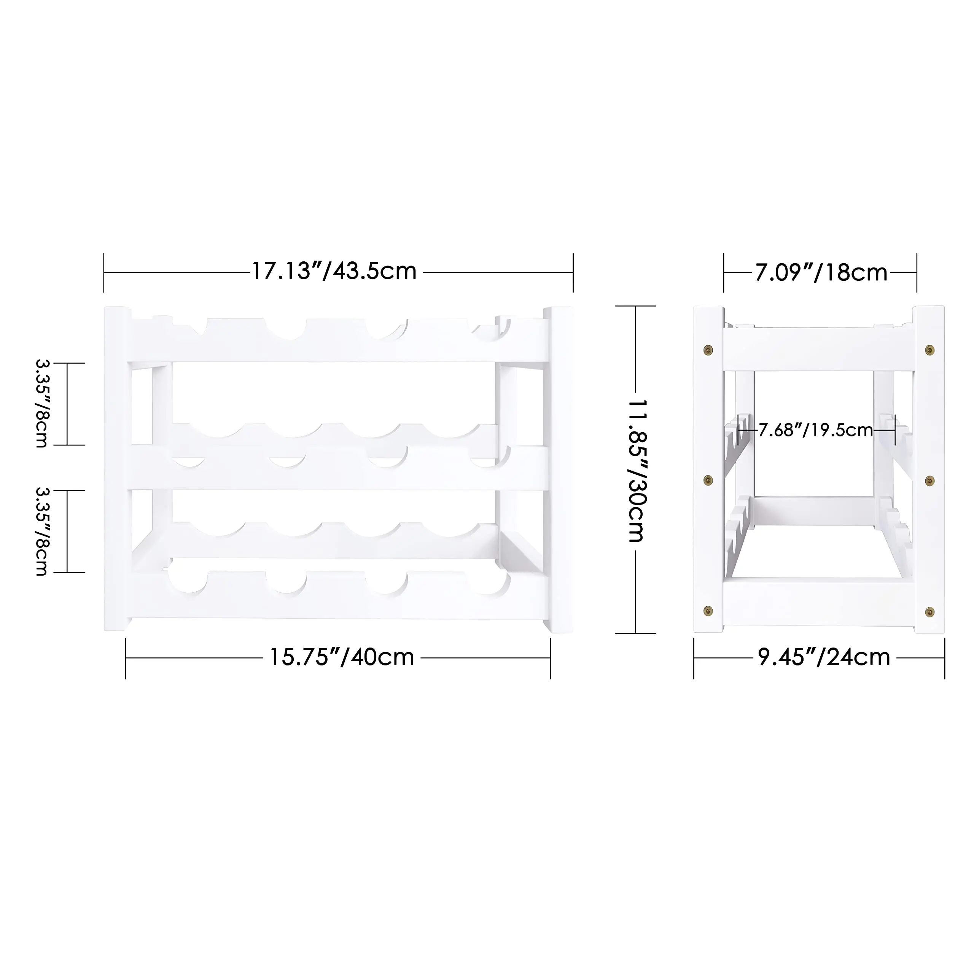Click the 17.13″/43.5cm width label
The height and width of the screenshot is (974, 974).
click(334, 272)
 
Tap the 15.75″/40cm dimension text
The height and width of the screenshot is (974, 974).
click(341, 657)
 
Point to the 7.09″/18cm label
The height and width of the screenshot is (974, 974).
click(821, 273)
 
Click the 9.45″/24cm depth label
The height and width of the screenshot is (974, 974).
click(824, 657)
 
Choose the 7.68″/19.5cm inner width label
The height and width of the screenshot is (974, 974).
click(815, 430)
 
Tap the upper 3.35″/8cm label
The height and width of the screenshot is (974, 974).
click(41, 403)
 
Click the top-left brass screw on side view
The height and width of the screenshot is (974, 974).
click(708, 349)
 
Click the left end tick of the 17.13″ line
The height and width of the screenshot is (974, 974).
click(104, 273)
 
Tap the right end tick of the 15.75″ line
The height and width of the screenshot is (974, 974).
click(550, 658)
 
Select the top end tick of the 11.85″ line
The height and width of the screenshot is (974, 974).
click(636, 306)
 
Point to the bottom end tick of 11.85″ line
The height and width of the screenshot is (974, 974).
click(636, 633)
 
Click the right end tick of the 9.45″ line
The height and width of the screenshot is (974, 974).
click(944, 658)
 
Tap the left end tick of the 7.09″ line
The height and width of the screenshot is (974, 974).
click(724, 273)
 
